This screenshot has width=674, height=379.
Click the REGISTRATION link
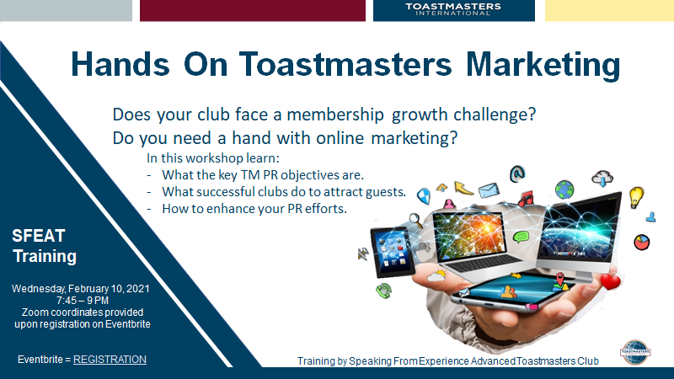110,360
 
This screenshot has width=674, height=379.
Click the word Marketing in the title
543,65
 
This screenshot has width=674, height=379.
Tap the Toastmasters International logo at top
453,9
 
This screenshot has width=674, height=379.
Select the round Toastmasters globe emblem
635,352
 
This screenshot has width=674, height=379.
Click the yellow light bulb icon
636,197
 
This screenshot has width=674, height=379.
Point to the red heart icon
610,281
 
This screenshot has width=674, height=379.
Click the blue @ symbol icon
517,173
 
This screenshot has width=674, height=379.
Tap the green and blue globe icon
564,189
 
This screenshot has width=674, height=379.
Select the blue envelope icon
489,189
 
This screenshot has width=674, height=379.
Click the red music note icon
526,199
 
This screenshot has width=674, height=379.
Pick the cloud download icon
602,178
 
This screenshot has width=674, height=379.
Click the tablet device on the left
393,252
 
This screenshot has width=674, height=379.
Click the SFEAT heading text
39,236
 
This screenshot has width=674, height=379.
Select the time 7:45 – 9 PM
82,301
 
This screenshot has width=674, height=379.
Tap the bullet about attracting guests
284,192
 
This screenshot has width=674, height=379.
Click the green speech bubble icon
521,237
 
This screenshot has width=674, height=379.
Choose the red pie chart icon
641,242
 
